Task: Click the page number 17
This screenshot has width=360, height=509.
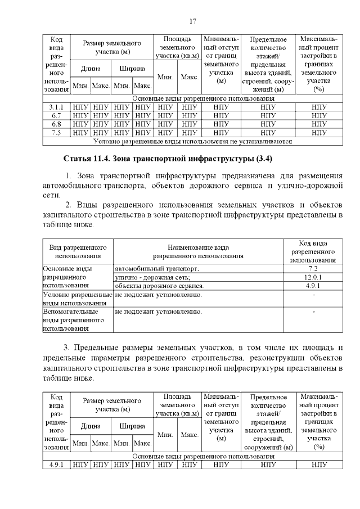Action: click(x=192, y=21)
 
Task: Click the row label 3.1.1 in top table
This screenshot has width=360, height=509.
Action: click(x=56, y=106)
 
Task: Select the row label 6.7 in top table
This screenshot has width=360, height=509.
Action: click(x=56, y=115)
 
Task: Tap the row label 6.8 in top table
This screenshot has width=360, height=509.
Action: click(x=56, y=124)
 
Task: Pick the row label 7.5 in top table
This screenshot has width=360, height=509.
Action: click(x=56, y=133)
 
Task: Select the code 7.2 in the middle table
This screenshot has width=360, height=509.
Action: click(x=312, y=269)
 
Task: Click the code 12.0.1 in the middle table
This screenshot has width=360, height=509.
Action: click(x=312, y=277)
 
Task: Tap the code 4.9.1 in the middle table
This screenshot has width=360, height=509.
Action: click(x=312, y=286)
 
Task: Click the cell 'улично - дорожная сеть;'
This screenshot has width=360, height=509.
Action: click(x=153, y=277)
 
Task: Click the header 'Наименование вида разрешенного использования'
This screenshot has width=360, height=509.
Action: click(x=198, y=251)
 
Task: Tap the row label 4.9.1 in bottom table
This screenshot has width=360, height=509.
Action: click(x=56, y=465)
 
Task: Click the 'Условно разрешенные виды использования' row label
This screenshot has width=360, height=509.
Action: click(x=78, y=299)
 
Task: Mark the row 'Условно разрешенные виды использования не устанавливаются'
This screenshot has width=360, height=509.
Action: click(x=192, y=142)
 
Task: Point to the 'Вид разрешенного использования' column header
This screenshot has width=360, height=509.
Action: click(x=78, y=251)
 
